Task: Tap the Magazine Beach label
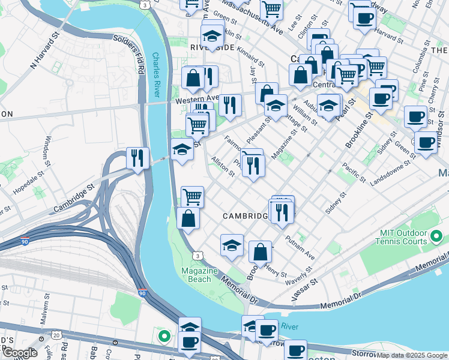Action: [x=200, y=274]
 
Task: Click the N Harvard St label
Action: [x=46, y=53]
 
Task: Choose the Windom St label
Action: [x=47, y=152]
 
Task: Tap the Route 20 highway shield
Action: [x=56, y=334]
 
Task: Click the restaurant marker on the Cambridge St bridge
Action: [x=137, y=158]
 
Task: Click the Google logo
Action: [x=20, y=353]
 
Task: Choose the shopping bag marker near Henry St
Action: [x=260, y=252]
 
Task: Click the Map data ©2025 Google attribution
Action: [x=412, y=355]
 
